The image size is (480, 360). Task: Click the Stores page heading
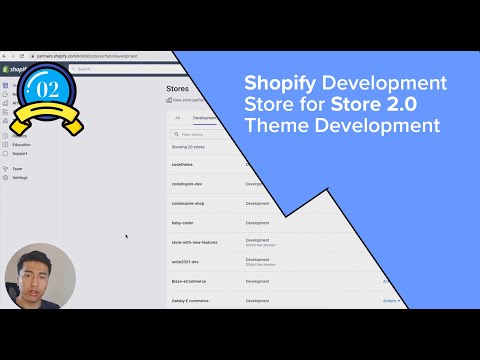pyautogui.click(x=177, y=88)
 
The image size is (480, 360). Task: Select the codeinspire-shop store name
pyautogui.click(x=187, y=204)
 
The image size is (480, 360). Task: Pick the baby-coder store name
pyautogui.click(x=182, y=223)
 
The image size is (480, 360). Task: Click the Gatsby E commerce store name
pyautogui.click(x=190, y=300)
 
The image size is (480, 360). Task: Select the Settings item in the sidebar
pyautogui.click(x=20, y=178)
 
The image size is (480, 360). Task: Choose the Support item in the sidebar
pyautogui.click(x=20, y=154)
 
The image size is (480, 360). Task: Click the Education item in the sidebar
pyautogui.click(x=22, y=145)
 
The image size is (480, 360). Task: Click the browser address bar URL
pyautogui.click(x=90, y=56)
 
